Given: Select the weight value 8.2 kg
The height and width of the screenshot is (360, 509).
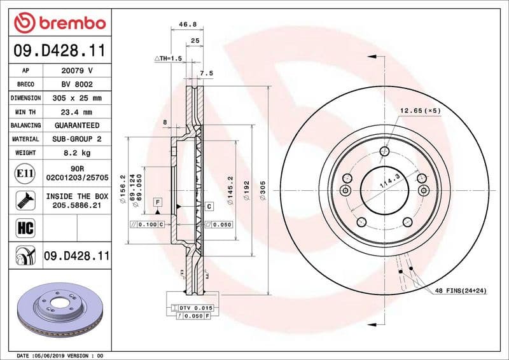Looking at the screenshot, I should (76, 153).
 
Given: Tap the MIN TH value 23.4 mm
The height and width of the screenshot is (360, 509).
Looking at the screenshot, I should (76, 112).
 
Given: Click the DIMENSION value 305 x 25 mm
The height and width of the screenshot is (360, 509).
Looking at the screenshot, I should (76, 98).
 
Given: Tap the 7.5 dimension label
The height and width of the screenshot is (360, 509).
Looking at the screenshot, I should (206, 73).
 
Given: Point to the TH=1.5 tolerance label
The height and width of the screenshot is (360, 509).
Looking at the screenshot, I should (169, 58).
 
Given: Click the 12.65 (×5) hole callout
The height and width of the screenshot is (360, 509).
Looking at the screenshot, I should (420, 111).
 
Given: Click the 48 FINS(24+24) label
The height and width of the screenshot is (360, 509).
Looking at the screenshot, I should (461, 291).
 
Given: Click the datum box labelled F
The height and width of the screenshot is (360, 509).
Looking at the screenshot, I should (156, 202).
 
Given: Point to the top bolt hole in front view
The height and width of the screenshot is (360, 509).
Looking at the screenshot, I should (385, 151).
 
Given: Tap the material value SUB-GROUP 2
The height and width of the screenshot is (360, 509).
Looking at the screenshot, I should (76, 139).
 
